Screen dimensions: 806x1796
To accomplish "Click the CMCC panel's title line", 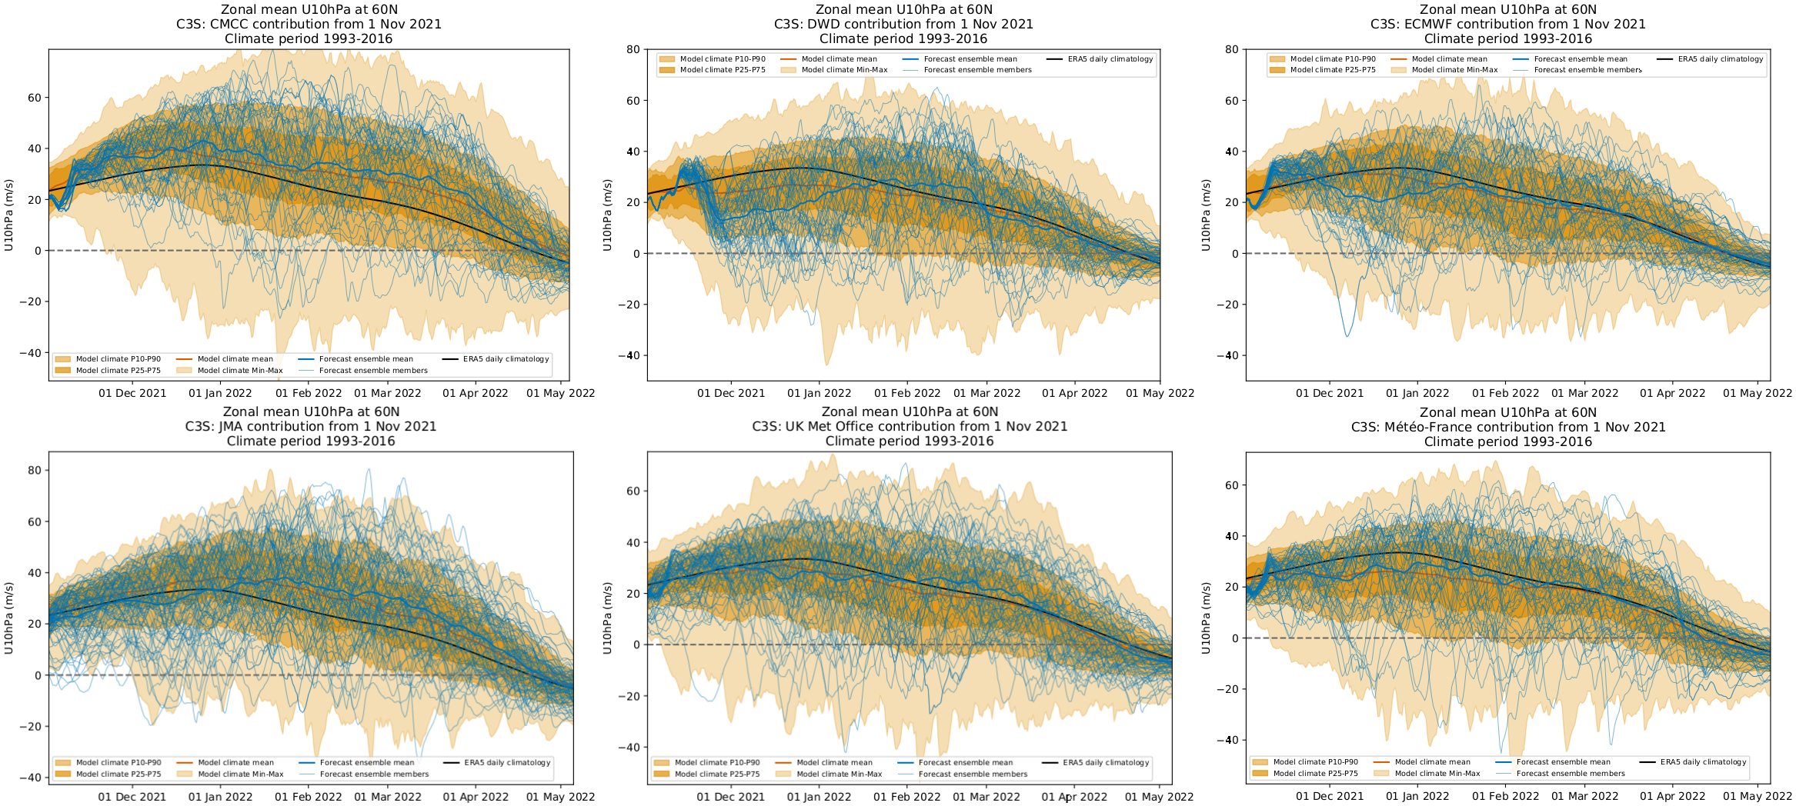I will tap(309, 24).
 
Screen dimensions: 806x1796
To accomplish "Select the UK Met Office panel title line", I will tap(910, 426).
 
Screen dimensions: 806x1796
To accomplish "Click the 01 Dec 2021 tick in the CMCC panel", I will tap(132, 393).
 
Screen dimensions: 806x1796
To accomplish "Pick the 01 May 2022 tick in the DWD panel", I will tap(1160, 393).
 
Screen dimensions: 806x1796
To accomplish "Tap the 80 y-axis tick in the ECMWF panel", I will tap(1231, 49).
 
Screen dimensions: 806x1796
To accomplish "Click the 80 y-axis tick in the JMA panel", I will tap(35, 470).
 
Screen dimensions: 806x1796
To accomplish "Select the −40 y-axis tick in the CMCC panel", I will tap(30, 353).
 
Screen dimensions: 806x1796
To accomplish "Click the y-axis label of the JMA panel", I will tap(8, 618).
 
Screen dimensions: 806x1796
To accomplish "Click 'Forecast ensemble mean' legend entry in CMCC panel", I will tap(366, 359).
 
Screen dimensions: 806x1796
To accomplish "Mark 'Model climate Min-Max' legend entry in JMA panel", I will tap(240, 774).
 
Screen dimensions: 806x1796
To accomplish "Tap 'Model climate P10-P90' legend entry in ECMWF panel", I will tap(1332, 59).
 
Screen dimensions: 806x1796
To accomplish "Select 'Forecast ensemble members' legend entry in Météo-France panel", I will tap(1571, 774).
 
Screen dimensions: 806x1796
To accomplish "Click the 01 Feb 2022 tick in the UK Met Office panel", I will tap(906, 797).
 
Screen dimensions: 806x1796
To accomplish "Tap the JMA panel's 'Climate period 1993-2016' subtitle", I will tap(311, 441).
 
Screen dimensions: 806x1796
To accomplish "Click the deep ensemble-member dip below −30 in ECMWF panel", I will tap(1347, 335).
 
